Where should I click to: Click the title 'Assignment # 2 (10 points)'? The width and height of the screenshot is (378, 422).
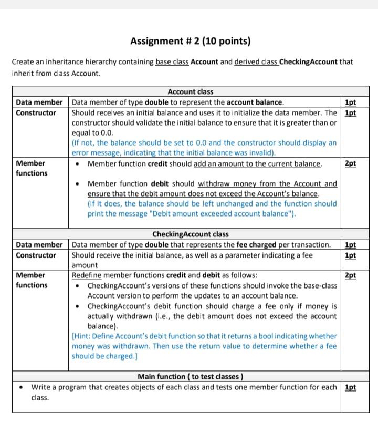point(190,41)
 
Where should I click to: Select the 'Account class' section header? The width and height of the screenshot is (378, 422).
point(190,92)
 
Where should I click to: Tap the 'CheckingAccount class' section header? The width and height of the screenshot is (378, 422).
point(190,234)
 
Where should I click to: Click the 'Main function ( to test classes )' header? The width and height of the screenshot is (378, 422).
point(190,377)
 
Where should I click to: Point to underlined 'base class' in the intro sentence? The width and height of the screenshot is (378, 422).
point(172,62)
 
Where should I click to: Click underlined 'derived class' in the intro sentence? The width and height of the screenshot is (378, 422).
point(256,62)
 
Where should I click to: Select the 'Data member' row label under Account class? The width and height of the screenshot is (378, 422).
point(39,102)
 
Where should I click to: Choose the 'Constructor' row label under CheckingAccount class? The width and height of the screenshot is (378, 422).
point(36,255)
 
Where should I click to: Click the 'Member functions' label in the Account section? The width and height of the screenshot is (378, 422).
point(31,168)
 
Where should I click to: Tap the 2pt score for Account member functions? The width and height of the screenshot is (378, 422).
point(350,163)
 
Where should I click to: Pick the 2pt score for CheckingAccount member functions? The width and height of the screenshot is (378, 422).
point(350,275)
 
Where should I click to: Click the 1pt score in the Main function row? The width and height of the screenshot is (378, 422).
point(350,387)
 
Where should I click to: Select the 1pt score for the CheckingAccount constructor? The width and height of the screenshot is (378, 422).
point(350,255)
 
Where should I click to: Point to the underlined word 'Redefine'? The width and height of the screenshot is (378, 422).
point(87,275)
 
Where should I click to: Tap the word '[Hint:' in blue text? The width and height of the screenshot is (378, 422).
point(82,336)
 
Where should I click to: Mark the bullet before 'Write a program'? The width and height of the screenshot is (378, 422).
point(19,387)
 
